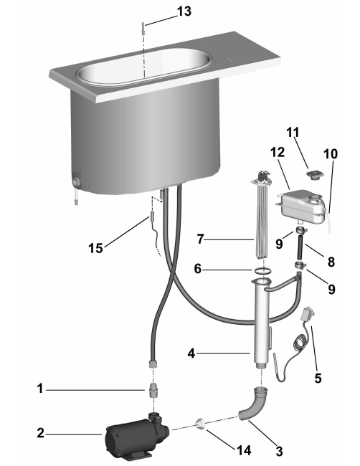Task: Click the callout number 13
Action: (184, 11)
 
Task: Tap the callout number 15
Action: (95, 248)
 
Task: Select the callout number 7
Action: (201, 239)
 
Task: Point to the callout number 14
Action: (244, 451)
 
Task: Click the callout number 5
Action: (318, 379)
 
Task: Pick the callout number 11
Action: (293, 132)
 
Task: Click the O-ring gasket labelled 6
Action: (263, 270)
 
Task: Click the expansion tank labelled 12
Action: (301, 206)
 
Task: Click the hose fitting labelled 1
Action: (153, 390)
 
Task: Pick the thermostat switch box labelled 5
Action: (306, 315)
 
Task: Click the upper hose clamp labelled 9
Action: (300, 229)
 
